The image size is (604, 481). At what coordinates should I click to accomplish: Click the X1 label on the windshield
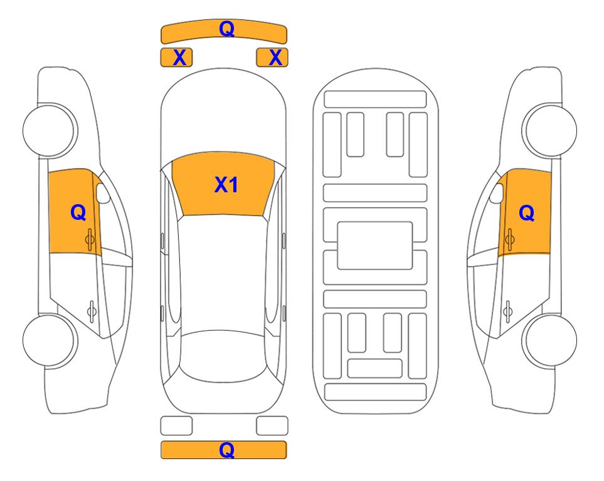(226, 185)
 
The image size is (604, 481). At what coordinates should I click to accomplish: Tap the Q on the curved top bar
(226, 29)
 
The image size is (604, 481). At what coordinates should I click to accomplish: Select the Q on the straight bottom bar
(226, 450)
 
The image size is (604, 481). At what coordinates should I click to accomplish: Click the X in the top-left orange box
(179, 58)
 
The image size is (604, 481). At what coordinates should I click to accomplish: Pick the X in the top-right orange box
(275, 58)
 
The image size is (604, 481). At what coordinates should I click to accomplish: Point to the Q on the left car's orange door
(78, 212)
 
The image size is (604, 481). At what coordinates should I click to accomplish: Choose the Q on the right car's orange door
(527, 213)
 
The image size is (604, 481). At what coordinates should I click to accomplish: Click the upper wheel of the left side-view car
(49, 130)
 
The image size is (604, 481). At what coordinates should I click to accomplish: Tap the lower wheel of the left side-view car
(49, 340)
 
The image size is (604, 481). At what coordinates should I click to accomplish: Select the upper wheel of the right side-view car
(551, 130)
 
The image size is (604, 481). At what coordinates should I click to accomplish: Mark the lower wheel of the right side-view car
(551, 340)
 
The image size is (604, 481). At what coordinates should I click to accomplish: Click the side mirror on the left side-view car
(102, 194)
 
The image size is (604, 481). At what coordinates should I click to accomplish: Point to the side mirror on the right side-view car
(497, 194)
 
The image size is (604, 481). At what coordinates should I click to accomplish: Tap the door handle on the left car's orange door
(90, 239)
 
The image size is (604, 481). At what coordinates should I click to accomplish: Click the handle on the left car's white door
(92, 311)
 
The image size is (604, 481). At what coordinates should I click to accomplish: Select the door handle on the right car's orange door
(509, 239)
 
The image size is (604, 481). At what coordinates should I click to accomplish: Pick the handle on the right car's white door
(507, 311)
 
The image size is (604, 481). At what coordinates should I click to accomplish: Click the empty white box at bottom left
(176, 426)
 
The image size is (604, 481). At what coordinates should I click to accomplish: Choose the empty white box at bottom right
(272, 426)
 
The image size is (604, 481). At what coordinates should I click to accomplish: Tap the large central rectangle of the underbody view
(375, 246)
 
